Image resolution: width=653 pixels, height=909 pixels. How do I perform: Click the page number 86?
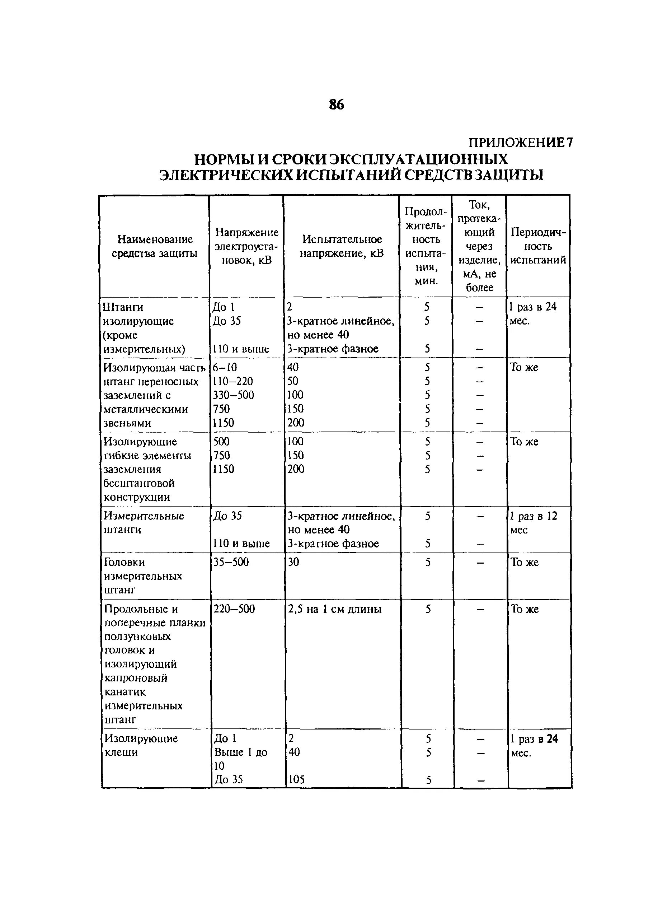(x=336, y=104)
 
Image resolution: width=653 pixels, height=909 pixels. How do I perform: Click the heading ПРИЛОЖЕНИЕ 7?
(x=521, y=143)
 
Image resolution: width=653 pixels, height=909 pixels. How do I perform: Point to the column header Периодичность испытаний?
(x=538, y=246)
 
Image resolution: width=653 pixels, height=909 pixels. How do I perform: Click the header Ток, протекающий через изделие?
(x=479, y=246)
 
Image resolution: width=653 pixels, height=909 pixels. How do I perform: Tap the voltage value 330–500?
(x=233, y=395)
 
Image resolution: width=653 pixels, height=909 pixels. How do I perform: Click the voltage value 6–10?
(x=225, y=367)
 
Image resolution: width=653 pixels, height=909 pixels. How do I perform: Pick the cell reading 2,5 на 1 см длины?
(x=334, y=609)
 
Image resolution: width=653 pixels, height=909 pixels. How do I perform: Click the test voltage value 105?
(x=296, y=779)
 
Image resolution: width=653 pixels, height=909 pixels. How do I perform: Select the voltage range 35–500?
(x=231, y=562)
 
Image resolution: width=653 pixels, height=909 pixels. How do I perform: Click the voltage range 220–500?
(x=234, y=609)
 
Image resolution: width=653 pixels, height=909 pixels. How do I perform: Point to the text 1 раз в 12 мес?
(x=533, y=523)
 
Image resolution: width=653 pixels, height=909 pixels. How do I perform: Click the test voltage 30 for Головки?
(x=293, y=562)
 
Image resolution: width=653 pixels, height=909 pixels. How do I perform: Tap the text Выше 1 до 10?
(x=240, y=759)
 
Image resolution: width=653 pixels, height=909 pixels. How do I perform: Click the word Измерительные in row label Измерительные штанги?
(x=144, y=516)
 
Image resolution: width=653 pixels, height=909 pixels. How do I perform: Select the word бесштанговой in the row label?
(x=139, y=483)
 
